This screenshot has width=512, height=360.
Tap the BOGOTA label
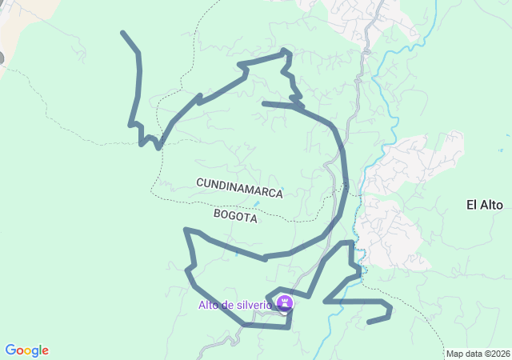coord(236,216)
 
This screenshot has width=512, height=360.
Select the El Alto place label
coord(484,205)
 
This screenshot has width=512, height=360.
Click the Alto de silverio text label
coord(234,305)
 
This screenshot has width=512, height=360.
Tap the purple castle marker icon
coord(284,303)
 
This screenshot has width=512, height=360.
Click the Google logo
coord(26,350)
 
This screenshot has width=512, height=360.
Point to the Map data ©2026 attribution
coord(478,354)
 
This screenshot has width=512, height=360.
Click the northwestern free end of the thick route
coord(122,33)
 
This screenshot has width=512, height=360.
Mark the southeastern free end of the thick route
coord(368,322)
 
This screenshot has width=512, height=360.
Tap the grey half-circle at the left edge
coord(2,58)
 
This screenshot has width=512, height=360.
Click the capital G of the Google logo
coord(10,350)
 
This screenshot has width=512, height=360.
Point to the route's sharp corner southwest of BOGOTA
coord(186,230)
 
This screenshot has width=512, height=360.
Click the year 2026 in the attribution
coord(500,354)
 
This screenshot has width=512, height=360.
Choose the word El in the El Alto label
coord(471,205)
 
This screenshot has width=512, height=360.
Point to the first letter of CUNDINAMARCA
coord(200,183)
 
